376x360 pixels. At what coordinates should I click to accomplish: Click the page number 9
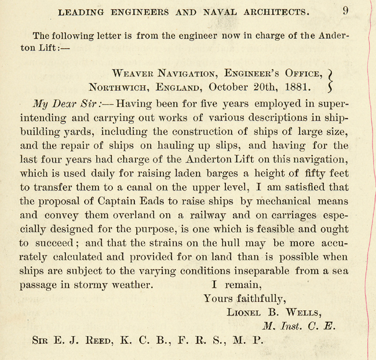point(345,10)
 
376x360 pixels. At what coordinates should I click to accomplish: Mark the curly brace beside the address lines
point(330,80)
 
